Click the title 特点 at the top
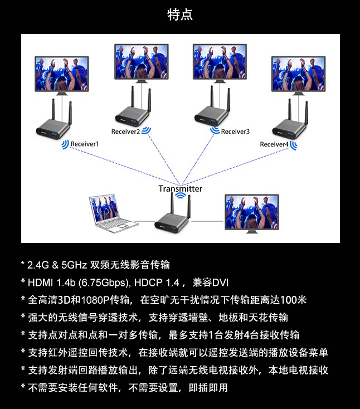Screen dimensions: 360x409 tap(180, 14)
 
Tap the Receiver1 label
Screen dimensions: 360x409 tap(85, 144)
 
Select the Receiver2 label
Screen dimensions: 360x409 tap(125, 132)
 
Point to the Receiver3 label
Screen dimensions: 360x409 tap(235, 132)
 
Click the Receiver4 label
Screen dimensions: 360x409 tap(274, 144)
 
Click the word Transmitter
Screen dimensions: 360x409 tap(180, 188)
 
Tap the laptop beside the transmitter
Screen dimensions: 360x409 tap(111, 213)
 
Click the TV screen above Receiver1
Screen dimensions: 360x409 tap(62, 74)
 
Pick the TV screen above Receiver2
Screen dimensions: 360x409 tap(142, 62)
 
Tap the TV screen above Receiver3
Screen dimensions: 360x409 tap(220, 62)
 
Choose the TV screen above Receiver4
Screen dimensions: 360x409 tap(299, 74)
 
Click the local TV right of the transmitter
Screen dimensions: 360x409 tap(252, 212)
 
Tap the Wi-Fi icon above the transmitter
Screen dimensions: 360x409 tap(180, 196)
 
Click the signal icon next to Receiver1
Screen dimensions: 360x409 tap(65, 144)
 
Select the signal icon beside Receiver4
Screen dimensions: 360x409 tap(294, 145)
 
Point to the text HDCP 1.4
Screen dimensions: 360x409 tap(157, 283)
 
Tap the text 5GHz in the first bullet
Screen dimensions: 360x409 tap(74, 265)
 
